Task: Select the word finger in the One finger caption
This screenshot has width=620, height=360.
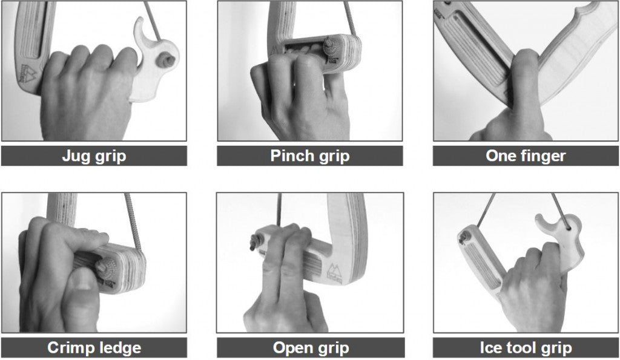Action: point(543,155)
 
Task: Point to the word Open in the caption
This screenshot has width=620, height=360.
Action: point(292,348)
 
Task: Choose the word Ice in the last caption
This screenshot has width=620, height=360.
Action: point(490,348)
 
